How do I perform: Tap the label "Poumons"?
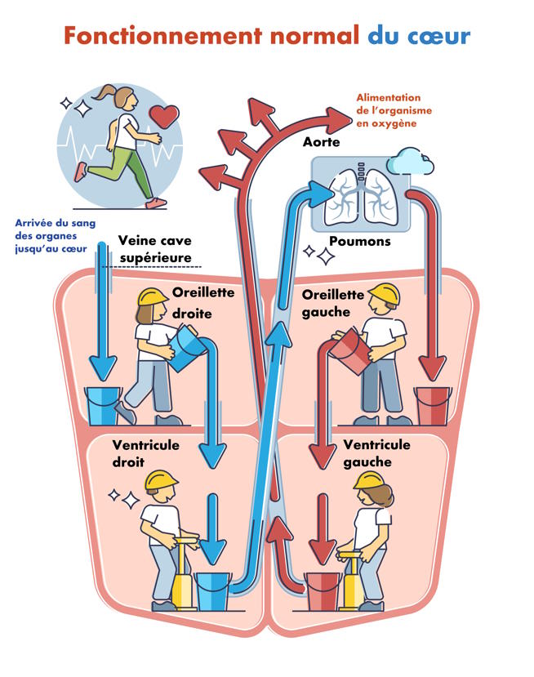359,242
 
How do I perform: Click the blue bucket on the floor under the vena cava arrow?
103,406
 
